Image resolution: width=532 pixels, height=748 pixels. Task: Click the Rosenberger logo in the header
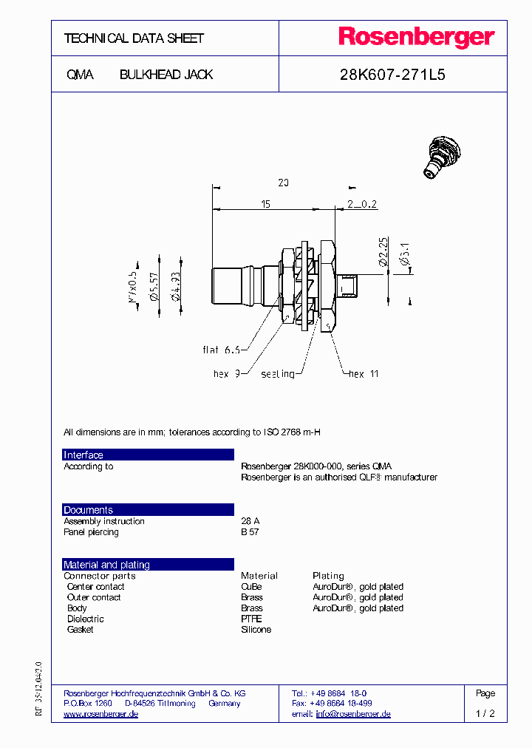pyautogui.click(x=416, y=37)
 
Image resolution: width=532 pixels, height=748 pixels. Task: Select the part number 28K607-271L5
pyautogui.click(x=392, y=75)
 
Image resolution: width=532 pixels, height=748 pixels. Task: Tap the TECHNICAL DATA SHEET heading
pyautogui.click(x=134, y=38)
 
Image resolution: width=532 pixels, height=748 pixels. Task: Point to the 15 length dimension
pyautogui.click(x=265, y=203)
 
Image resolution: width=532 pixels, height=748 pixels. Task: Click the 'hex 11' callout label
pyautogui.click(x=364, y=374)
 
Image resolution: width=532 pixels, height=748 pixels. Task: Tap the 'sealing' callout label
pyautogui.click(x=278, y=374)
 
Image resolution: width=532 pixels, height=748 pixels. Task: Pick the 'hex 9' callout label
pyautogui.click(x=225, y=374)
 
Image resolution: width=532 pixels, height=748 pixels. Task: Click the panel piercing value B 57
pyautogui.click(x=250, y=532)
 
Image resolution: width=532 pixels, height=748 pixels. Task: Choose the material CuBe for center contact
pyautogui.click(x=251, y=587)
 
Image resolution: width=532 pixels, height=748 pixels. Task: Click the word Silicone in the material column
pyautogui.click(x=256, y=630)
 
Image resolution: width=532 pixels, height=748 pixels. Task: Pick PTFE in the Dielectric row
pyautogui.click(x=251, y=619)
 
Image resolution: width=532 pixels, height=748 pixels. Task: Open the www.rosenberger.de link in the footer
pyautogui.click(x=101, y=714)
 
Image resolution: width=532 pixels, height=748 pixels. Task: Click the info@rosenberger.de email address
pyautogui.click(x=353, y=714)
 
